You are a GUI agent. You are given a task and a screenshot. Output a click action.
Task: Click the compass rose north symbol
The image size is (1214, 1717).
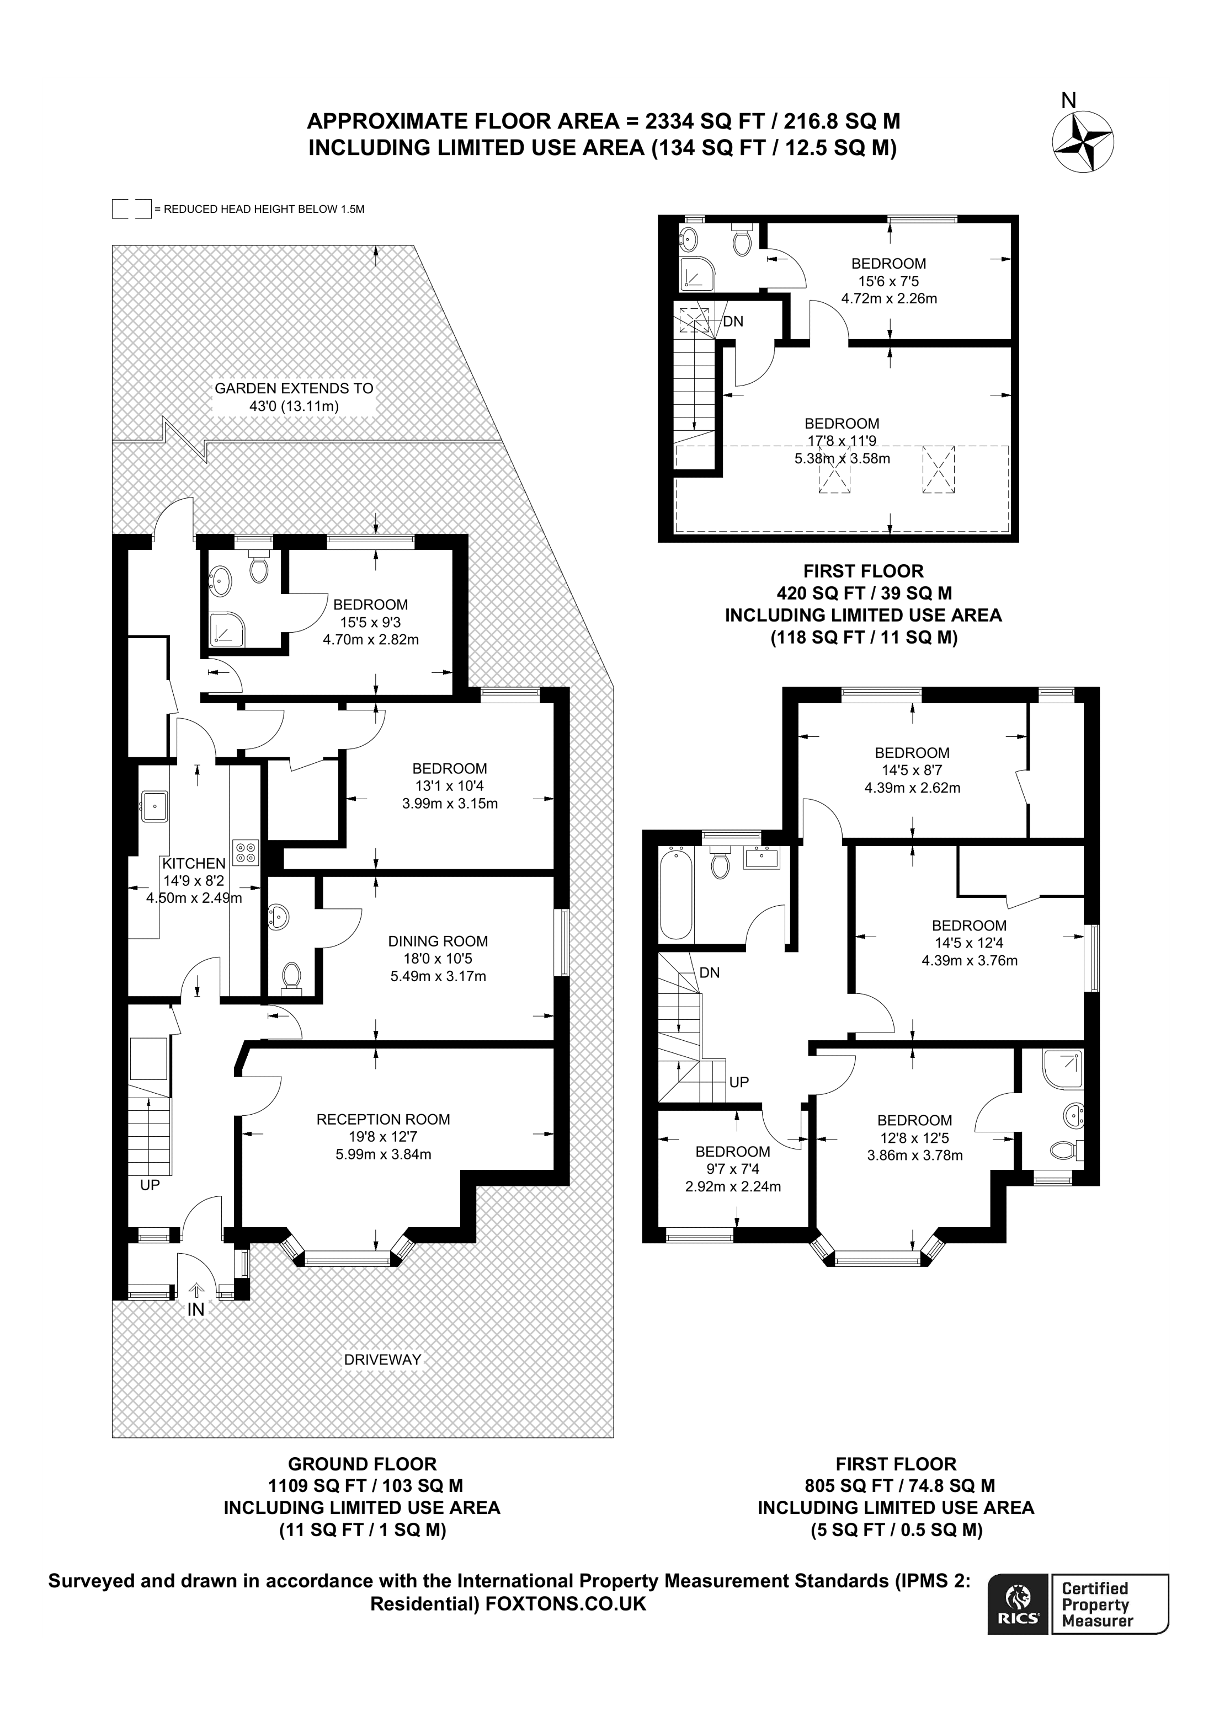(x=1082, y=142)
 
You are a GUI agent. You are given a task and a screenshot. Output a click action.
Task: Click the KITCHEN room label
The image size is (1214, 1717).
(x=194, y=863)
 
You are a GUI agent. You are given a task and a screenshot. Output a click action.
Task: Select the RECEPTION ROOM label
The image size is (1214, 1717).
(x=383, y=1120)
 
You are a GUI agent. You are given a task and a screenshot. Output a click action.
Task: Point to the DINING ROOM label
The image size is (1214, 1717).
(x=438, y=942)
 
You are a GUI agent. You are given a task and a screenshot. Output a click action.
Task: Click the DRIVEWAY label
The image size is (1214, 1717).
(x=382, y=1360)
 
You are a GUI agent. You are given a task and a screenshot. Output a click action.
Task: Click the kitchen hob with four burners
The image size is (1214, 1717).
(x=246, y=852)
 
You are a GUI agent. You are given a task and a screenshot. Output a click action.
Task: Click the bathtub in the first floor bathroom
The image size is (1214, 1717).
(x=675, y=893)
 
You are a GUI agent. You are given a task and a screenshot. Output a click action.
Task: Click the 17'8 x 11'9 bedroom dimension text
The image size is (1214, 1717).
(x=842, y=441)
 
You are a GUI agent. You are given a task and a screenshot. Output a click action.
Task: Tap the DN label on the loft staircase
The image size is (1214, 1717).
(x=733, y=322)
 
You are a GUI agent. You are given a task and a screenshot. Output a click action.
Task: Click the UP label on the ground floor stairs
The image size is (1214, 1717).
(x=150, y=1185)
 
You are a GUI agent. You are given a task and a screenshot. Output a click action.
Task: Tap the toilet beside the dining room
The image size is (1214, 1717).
(x=291, y=976)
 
